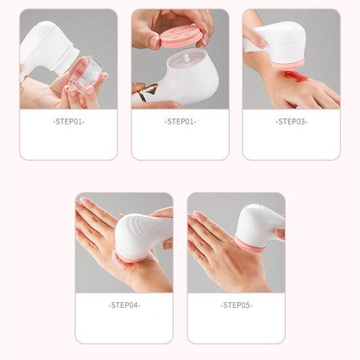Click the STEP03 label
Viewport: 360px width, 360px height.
tap(291, 122)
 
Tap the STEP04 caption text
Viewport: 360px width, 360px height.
tap(124, 305)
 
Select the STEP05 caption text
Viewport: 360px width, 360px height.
tap(236, 305)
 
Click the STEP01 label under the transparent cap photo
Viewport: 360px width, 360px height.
tap(68, 122)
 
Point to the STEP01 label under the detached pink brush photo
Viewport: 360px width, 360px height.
tap(180, 122)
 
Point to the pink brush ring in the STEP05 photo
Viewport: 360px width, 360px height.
tap(249, 243)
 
